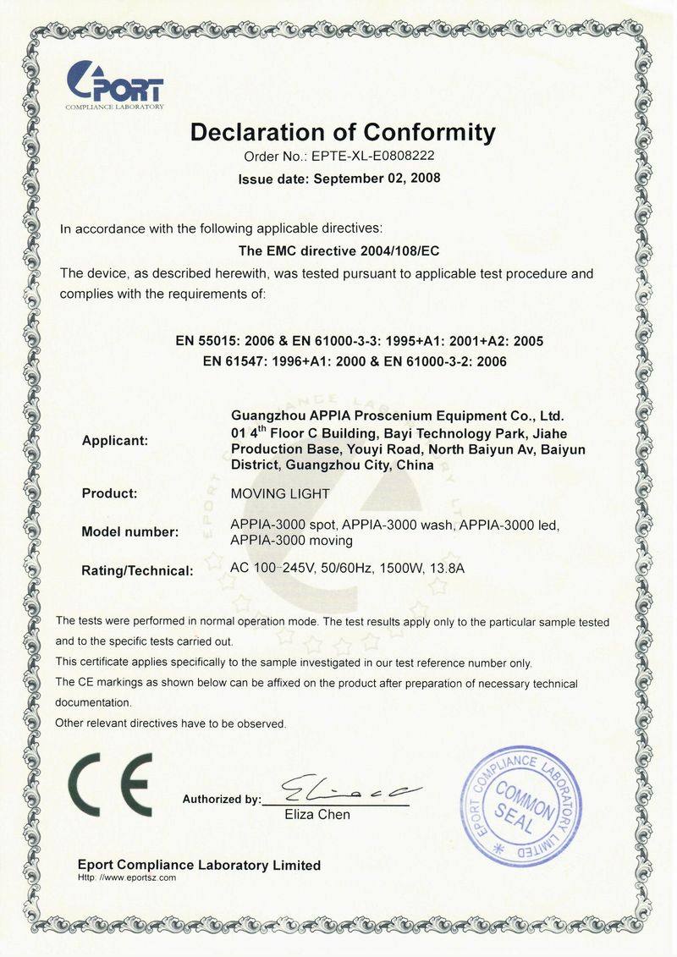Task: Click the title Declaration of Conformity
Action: click(x=342, y=133)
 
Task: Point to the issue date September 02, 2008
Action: click(x=377, y=179)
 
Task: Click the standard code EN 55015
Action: click(x=207, y=341)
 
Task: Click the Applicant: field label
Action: click(x=114, y=441)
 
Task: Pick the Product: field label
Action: click(x=109, y=492)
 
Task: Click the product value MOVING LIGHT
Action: click(x=280, y=492)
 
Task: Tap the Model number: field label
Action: click(x=129, y=532)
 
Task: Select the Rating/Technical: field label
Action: click(x=137, y=571)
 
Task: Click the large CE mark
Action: click(x=110, y=784)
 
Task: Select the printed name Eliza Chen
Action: click(x=316, y=815)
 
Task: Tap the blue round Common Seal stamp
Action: click(x=521, y=806)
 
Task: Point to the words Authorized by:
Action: click(x=222, y=799)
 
